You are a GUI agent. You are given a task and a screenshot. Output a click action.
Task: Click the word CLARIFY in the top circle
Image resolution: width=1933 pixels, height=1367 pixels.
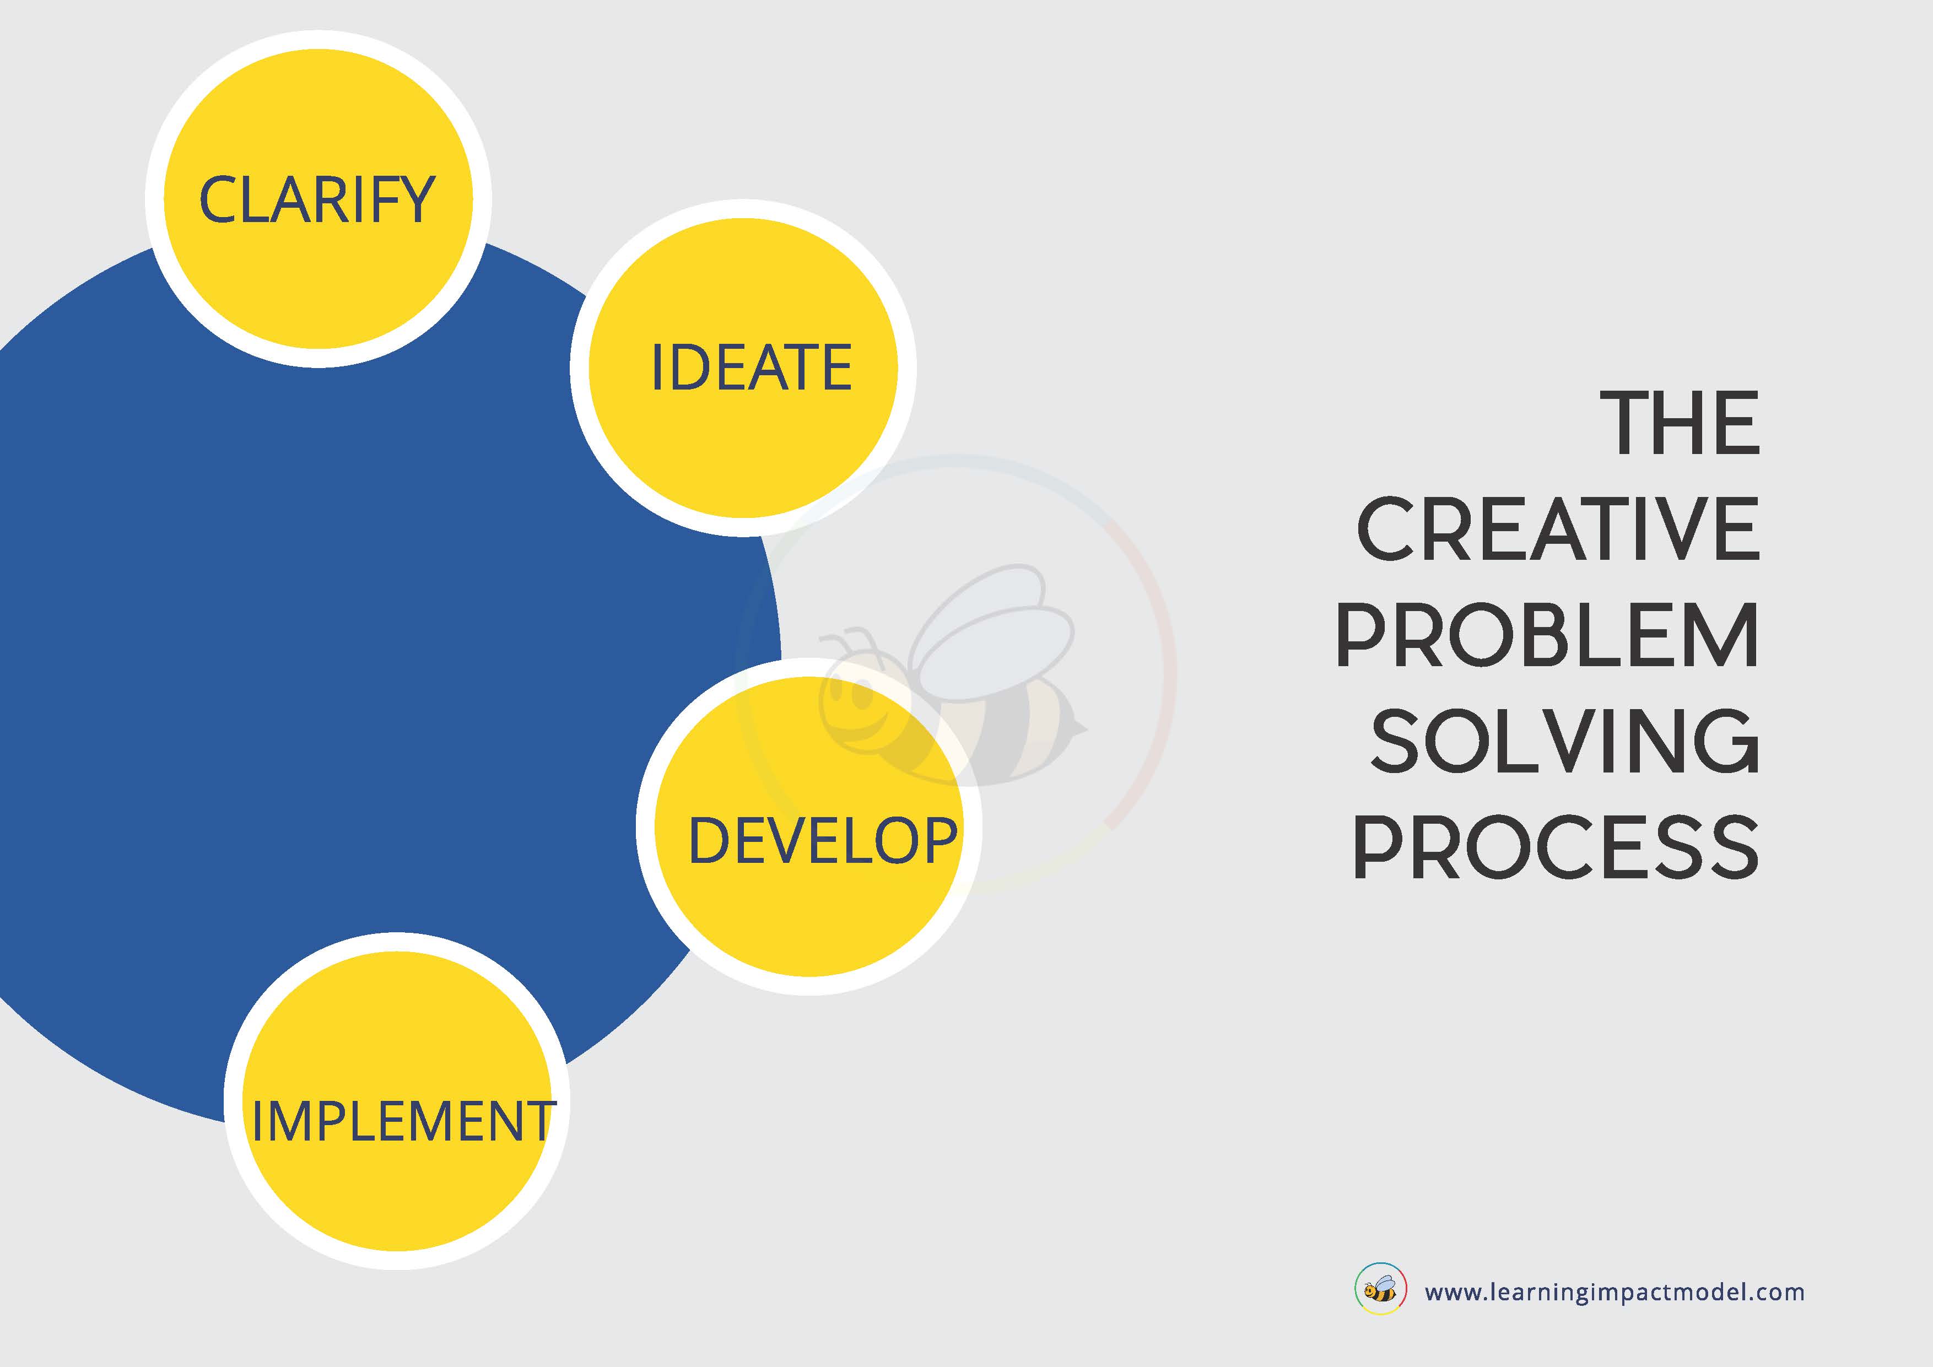pyautogui.click(x=317, y=201)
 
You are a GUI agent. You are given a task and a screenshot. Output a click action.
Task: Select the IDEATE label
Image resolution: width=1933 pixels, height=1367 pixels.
pyautogui.click(x=752, y=368)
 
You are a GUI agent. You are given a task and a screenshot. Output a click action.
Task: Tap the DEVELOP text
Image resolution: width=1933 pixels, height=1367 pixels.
pyautogui.click(x=823, y=840)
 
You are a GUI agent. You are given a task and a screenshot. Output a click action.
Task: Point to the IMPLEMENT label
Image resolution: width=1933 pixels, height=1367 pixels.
pyautogui.click(x=403, y=1121)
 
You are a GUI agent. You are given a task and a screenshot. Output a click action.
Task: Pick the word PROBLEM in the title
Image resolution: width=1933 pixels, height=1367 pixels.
pyautogui.click(x=1547, y=635)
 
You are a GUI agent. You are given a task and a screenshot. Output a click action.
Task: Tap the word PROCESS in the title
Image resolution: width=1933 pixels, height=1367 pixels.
pyautogui.click(x=1556, y=847)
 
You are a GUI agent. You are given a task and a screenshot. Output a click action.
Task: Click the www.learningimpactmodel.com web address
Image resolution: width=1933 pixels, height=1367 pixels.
pyautogui.click(x=1614, y=1292)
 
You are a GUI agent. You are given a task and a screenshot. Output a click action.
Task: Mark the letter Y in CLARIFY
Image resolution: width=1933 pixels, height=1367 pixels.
pyautogui.click(x=416, y=201)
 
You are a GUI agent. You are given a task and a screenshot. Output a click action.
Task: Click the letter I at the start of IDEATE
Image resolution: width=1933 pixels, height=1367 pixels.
pyautogui.click(x=657, y=368)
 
